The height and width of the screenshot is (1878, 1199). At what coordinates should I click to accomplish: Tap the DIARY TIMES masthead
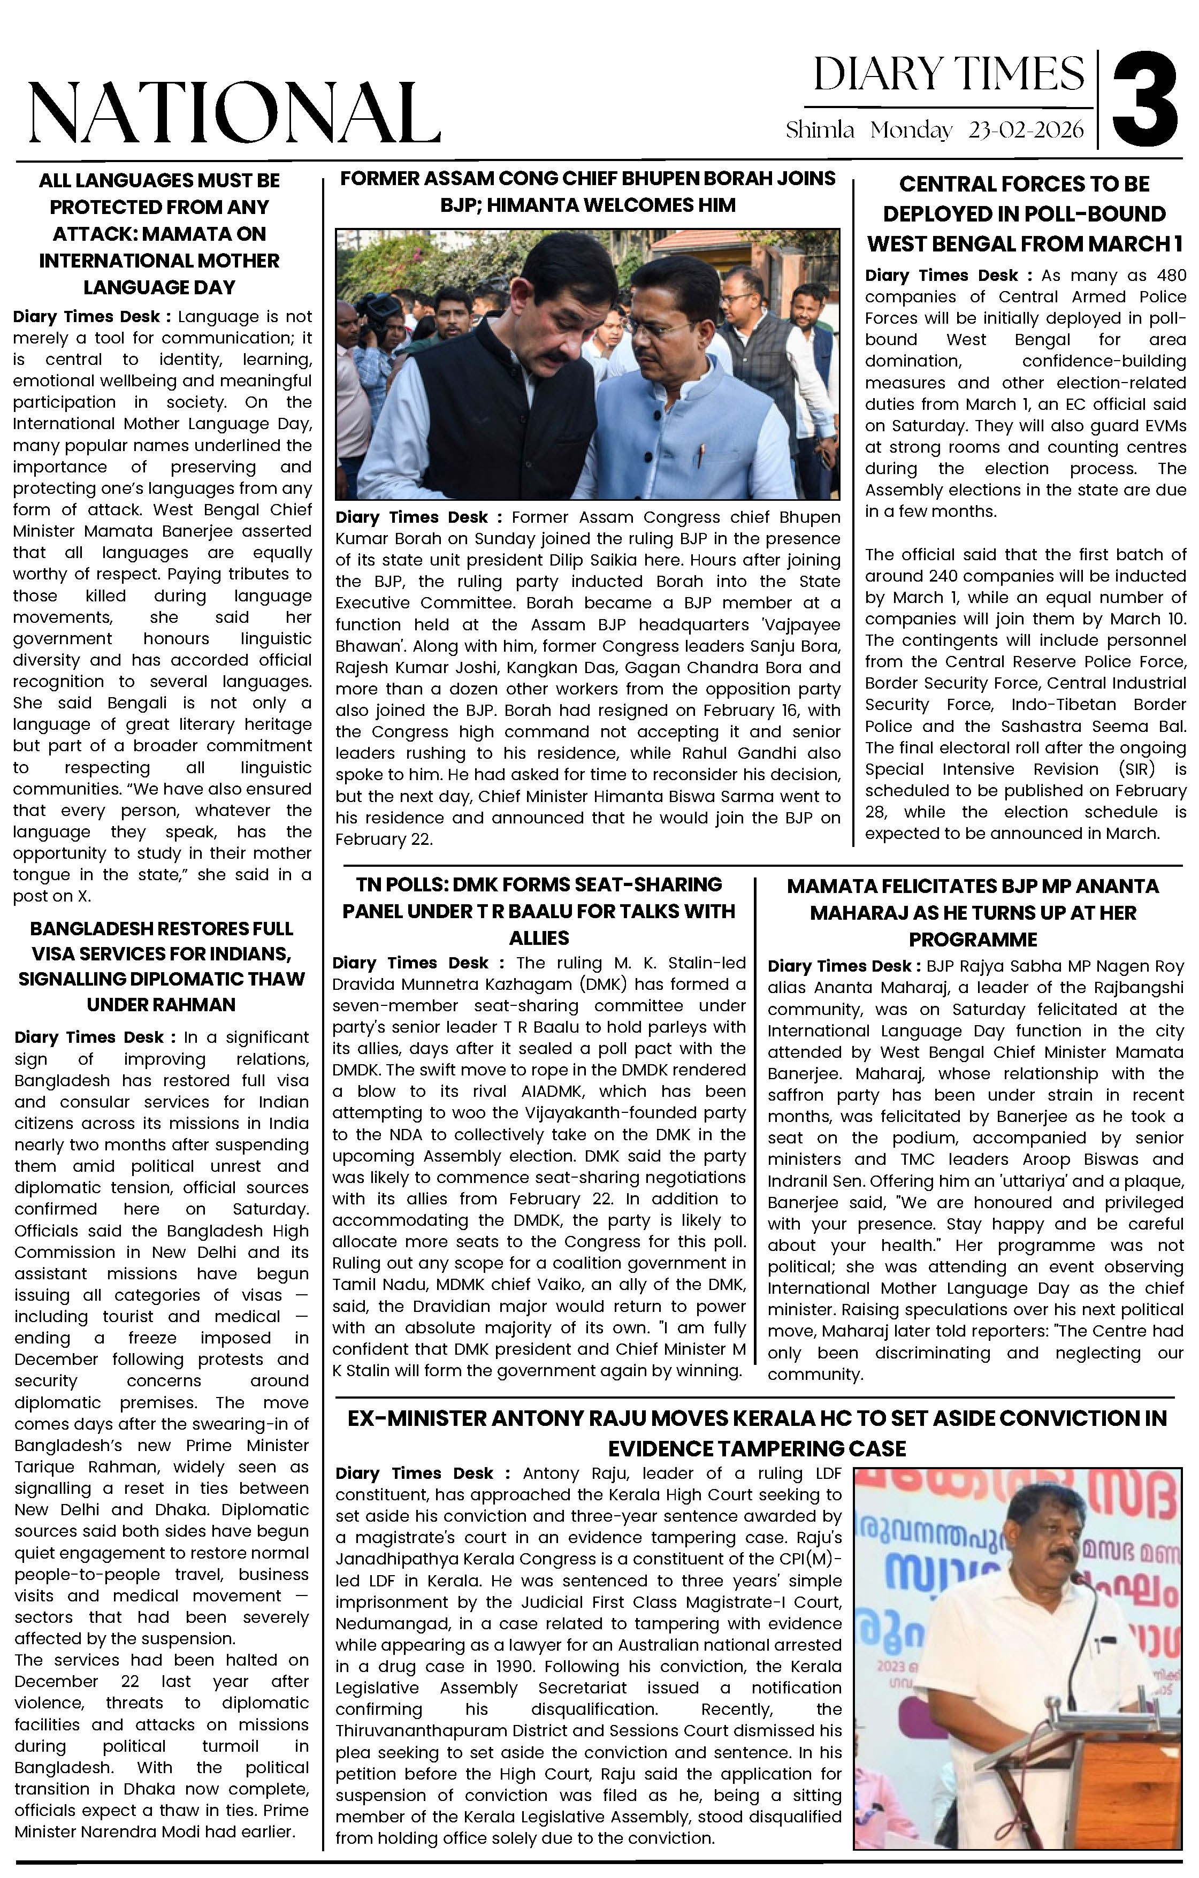tap(949, 75)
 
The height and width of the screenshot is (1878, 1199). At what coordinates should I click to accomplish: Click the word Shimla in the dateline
tap(820, 129)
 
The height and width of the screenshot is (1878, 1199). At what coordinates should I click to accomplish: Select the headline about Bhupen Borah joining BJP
tap(587, 192)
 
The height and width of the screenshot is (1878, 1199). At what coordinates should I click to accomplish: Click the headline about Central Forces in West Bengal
tap(1024, 213)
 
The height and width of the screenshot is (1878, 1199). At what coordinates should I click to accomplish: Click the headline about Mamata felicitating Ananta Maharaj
tap(972, 912)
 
